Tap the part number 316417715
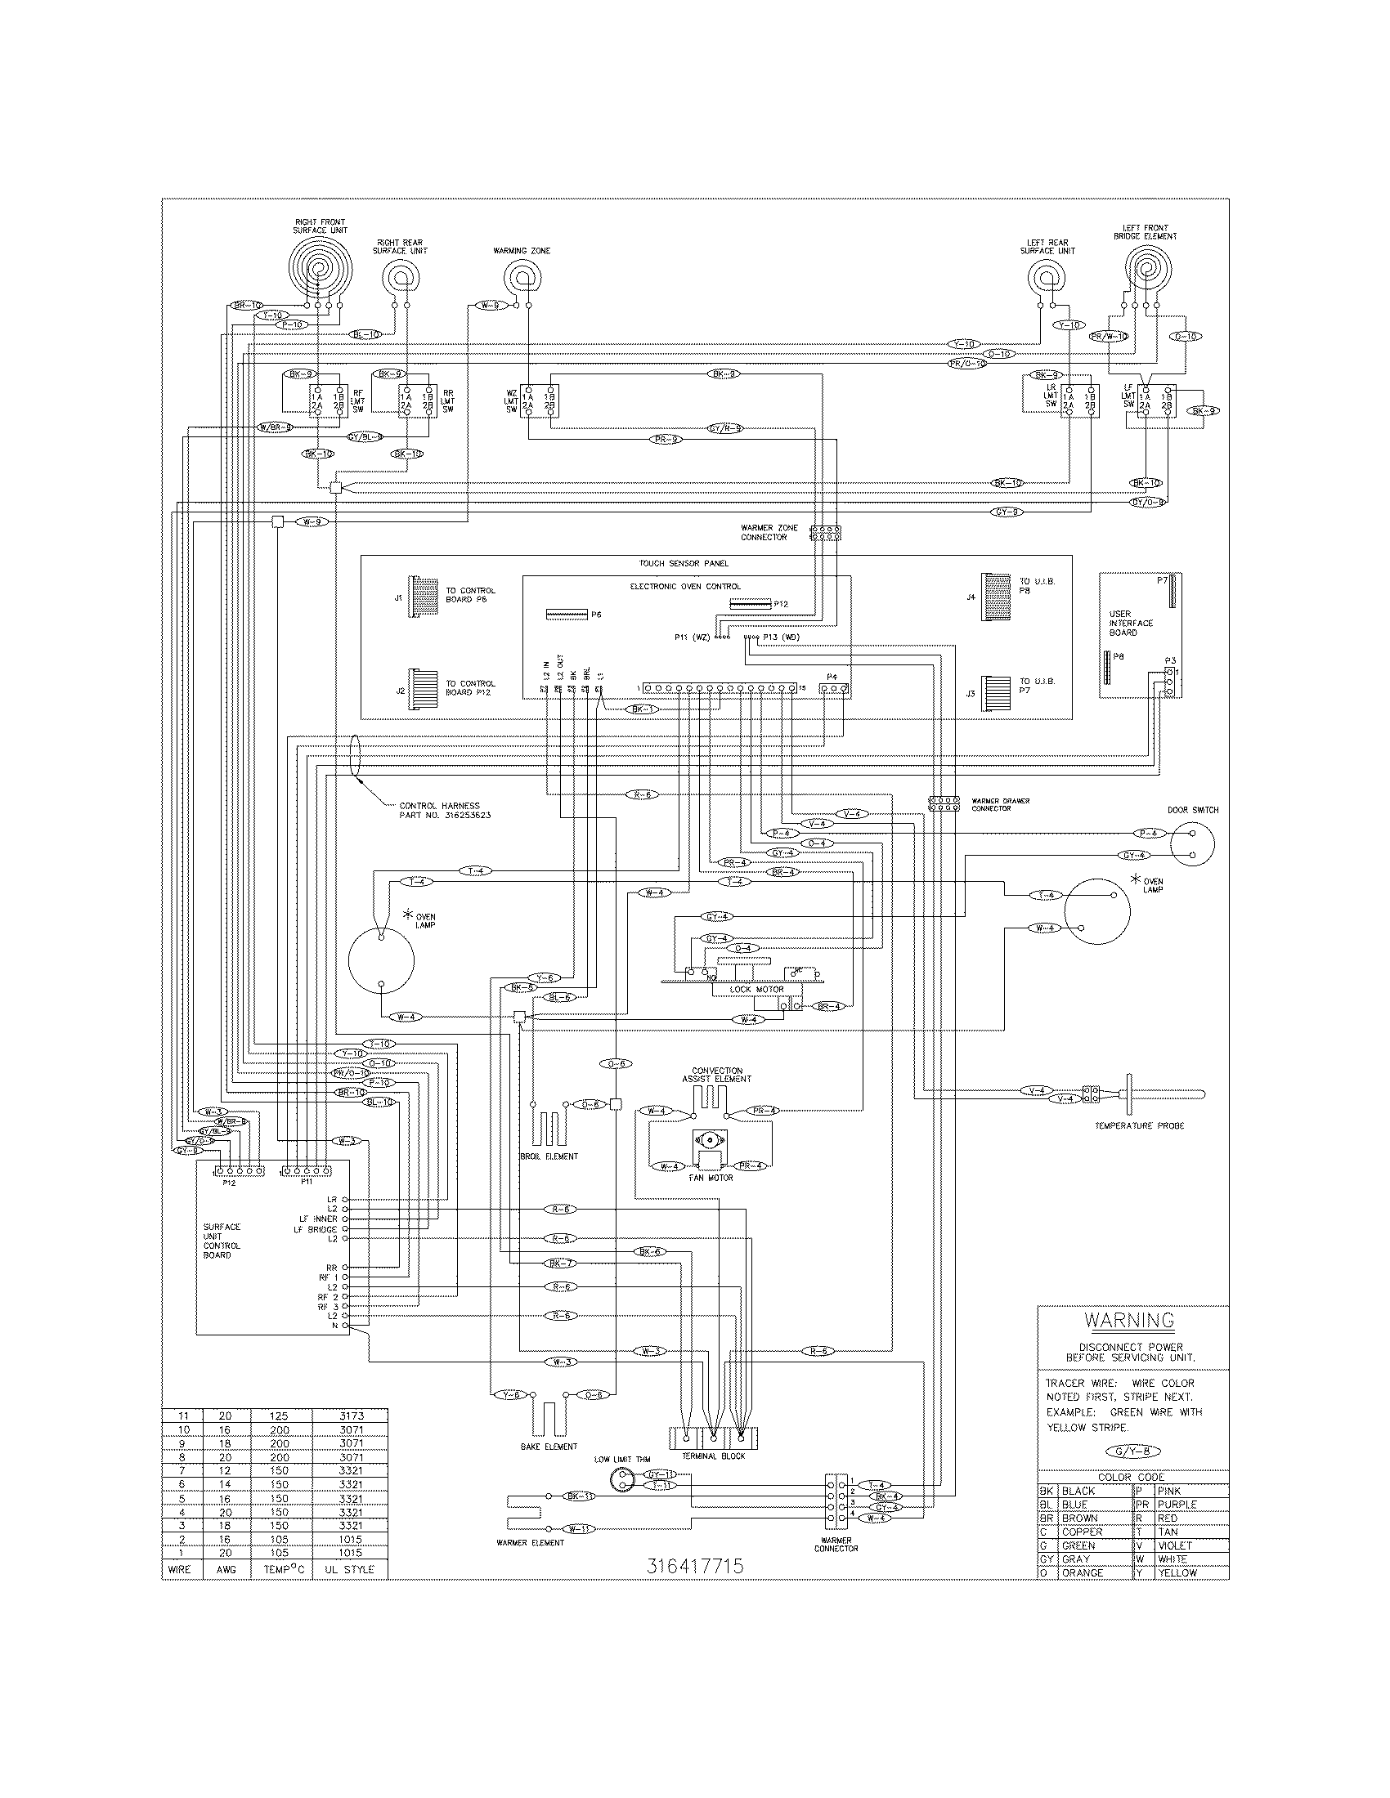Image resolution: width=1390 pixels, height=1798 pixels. point(697,1566)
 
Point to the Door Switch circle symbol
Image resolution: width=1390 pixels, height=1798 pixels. point(1191,845)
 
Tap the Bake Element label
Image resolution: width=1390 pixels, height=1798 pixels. point(549,1446)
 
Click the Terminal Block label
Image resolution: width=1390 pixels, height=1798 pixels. point(713,1456)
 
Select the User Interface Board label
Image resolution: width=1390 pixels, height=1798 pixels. point(1131,624)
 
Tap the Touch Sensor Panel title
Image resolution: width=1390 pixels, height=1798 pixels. point(684,564)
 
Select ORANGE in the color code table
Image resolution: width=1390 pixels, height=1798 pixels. point(1082,1572)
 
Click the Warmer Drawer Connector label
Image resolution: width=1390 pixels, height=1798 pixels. point(1000,804)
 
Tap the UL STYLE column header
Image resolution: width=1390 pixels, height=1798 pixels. point(350,1569)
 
